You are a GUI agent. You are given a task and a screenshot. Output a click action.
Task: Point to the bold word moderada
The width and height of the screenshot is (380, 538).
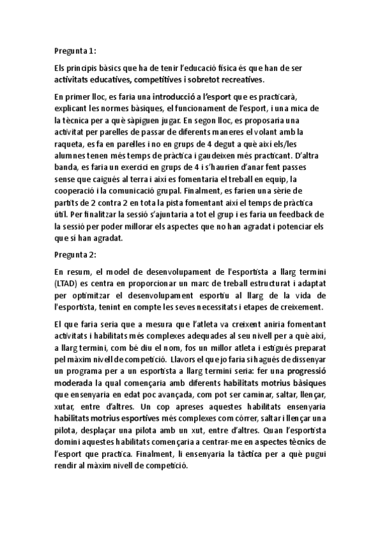pyautogui.click(x=75, y=383)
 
